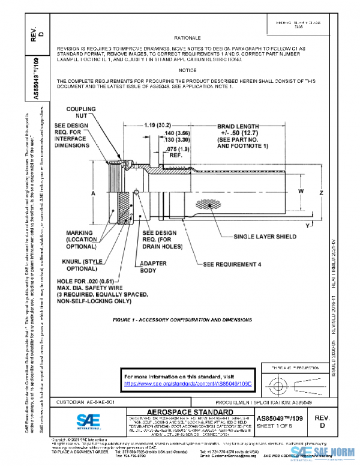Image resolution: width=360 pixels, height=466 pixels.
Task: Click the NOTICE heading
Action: pos(187,70)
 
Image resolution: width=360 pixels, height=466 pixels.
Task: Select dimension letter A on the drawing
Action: pos(94,195)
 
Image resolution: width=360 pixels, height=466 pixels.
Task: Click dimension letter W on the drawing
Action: pos(301,191)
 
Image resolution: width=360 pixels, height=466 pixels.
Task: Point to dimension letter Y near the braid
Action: pos(307,225)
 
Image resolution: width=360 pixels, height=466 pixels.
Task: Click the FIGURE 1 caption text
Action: pos(182,320)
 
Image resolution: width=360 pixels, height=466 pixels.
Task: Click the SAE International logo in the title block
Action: pos(93,420)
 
